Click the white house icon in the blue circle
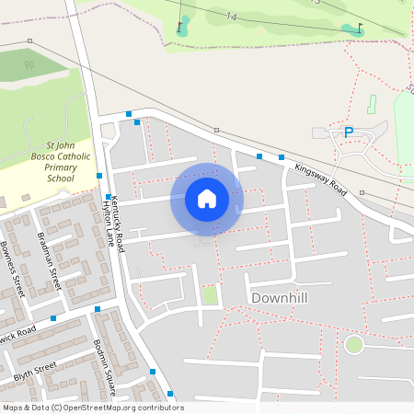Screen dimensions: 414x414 (207, 199)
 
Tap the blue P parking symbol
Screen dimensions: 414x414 (349, 132)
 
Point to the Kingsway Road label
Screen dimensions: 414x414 (320, 178)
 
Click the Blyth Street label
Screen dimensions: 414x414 (35, 372)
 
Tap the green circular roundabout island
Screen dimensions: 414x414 (353, 345)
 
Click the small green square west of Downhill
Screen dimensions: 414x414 (211, 296)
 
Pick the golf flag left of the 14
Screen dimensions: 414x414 (180, 25)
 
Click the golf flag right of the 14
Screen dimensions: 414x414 (359, 28)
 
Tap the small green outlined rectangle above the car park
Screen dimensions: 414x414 (372, 105)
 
